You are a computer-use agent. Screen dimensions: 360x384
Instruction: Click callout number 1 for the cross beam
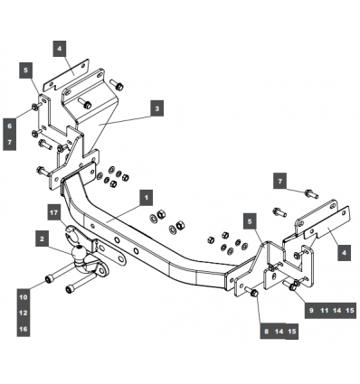click(147, 198)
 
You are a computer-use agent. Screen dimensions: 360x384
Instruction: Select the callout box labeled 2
click(42, 239)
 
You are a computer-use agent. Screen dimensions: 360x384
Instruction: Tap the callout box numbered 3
click(157, 108)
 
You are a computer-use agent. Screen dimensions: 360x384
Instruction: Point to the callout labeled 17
click(54, 212)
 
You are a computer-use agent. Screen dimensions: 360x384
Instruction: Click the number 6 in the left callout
click(10, 126)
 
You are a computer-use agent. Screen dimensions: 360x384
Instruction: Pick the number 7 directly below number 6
click(10, 142)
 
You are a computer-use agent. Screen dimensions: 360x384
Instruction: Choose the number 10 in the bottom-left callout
click(24, 297)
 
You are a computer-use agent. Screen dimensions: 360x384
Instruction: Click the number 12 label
click(24, 313)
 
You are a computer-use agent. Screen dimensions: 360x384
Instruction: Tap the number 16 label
click(24, 329)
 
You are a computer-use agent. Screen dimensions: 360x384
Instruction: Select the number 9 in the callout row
click(311, 310)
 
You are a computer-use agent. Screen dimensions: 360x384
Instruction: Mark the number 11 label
click(324, 310)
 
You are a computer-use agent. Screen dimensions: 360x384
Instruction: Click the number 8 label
click(267, 332)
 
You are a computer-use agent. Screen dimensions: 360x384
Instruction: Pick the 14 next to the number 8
click(279, 332)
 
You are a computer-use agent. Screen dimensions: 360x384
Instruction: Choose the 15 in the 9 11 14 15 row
click(350, 310)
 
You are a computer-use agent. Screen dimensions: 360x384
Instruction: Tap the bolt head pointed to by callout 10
click(48, 279)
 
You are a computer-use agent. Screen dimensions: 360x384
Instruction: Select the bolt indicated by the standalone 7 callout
click(311, 193)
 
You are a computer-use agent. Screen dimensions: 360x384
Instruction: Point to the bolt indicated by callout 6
click(36, 107)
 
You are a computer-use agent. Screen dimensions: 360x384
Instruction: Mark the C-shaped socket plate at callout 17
click(71, 233)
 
